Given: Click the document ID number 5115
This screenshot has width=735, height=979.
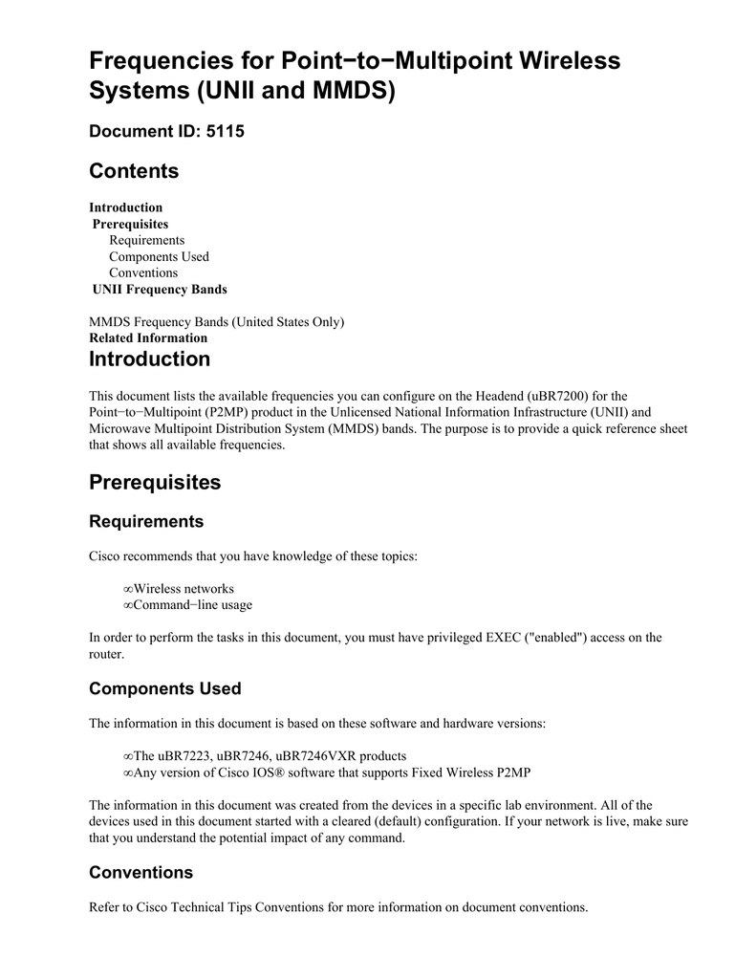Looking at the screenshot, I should tap(226, 131).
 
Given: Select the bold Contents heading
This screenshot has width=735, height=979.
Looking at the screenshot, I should tap(134, 171).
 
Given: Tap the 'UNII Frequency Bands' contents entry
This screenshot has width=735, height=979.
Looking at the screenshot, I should tap(160, 289).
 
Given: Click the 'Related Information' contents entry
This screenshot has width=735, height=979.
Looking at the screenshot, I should tap(148, 337).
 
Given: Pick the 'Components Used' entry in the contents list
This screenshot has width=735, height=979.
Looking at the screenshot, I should tap(159, 256).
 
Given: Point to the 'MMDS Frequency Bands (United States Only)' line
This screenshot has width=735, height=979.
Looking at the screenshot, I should tap(216, 321).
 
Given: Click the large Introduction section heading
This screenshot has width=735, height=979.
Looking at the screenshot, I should tap(149, 359).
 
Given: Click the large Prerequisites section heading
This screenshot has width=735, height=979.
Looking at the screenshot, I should tap(155, 482).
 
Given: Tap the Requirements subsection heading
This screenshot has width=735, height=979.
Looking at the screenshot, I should tap(146, 521).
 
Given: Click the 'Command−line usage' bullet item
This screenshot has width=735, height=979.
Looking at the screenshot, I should tap(192, 604).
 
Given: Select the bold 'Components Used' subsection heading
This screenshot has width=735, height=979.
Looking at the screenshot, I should tap(164, 688).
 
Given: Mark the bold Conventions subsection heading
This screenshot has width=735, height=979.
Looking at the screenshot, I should tap(141, 872).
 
